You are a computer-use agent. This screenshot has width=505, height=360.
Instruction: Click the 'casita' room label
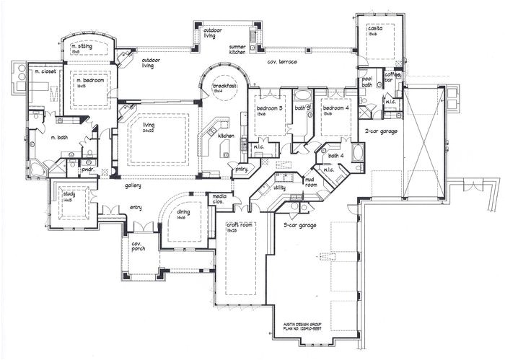pyautogui.click(x=374, y=30)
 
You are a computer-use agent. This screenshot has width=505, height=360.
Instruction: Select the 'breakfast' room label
pyautogui.click(x=225, y=86)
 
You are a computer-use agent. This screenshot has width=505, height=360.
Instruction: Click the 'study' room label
pyautogui.click(x=69, y=193)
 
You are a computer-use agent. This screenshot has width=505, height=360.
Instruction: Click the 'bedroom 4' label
pyautogui.click(x=335, y=108)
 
